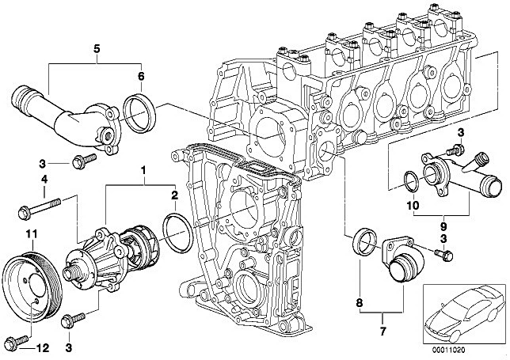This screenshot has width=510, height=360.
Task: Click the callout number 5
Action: click(x=97, y=49)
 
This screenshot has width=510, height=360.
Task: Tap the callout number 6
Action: click(x=140, y=77)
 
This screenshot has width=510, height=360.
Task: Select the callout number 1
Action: click(x=143, y=170)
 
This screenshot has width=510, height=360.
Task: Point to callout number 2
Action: click(x=175, y=195)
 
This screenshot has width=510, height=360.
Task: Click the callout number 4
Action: click(x=44, y=179)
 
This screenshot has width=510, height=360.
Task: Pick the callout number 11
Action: click(x=32, y=234)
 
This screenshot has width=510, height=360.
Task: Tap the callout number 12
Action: click(x=42, y=348)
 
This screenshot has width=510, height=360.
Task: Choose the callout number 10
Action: click(x=412, y=206)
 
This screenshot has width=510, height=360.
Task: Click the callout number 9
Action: click(x=443, y=226)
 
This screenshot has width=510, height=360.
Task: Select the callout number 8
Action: click(x=359, y=303)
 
